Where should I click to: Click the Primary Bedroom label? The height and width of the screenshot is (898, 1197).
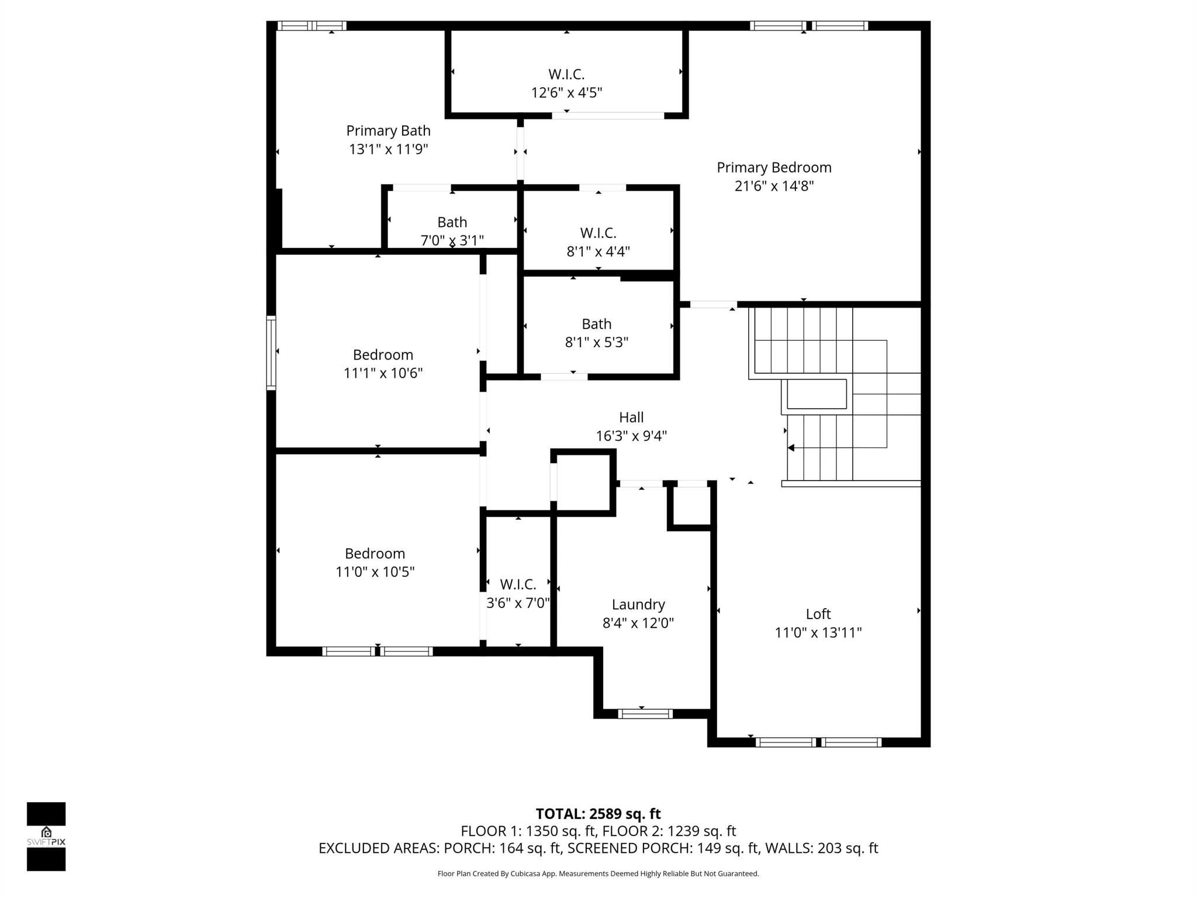[x=774, y=168]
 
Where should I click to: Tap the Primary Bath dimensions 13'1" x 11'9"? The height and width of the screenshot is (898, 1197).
[x=389, y=149]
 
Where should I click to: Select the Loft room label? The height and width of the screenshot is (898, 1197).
[x=818, y=614]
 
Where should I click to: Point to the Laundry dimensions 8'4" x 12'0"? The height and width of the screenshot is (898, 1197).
[x=638, y=623]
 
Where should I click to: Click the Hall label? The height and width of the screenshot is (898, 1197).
[x=631, y=417]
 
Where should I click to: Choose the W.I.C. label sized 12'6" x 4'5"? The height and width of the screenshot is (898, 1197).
[x=566, y=74]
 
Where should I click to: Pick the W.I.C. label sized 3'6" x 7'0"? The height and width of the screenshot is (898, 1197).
[x=518, y=585]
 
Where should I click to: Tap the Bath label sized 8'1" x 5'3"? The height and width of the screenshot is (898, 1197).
[x=596, y=324]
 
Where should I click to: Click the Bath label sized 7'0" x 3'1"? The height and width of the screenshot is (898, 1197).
[x=452, y=222]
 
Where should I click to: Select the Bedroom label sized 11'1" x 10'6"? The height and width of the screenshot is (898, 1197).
[x=383, y=355]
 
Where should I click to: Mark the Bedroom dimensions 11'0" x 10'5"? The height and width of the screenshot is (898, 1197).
[x=375, y=572]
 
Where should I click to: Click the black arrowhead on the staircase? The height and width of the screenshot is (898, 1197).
[x=791, y=448]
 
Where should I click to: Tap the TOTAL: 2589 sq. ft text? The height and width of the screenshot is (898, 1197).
[x=598, y=814]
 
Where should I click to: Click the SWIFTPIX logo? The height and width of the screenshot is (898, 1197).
[x=46, y=837]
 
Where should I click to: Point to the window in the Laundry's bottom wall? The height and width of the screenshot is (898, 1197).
[x=645, y=713]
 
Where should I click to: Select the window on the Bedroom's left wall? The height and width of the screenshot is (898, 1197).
[x=271, y=353]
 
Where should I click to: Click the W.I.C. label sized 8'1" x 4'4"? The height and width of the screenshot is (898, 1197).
[x=598, y=233]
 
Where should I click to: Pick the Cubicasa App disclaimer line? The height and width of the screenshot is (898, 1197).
[x=598, y=874]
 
